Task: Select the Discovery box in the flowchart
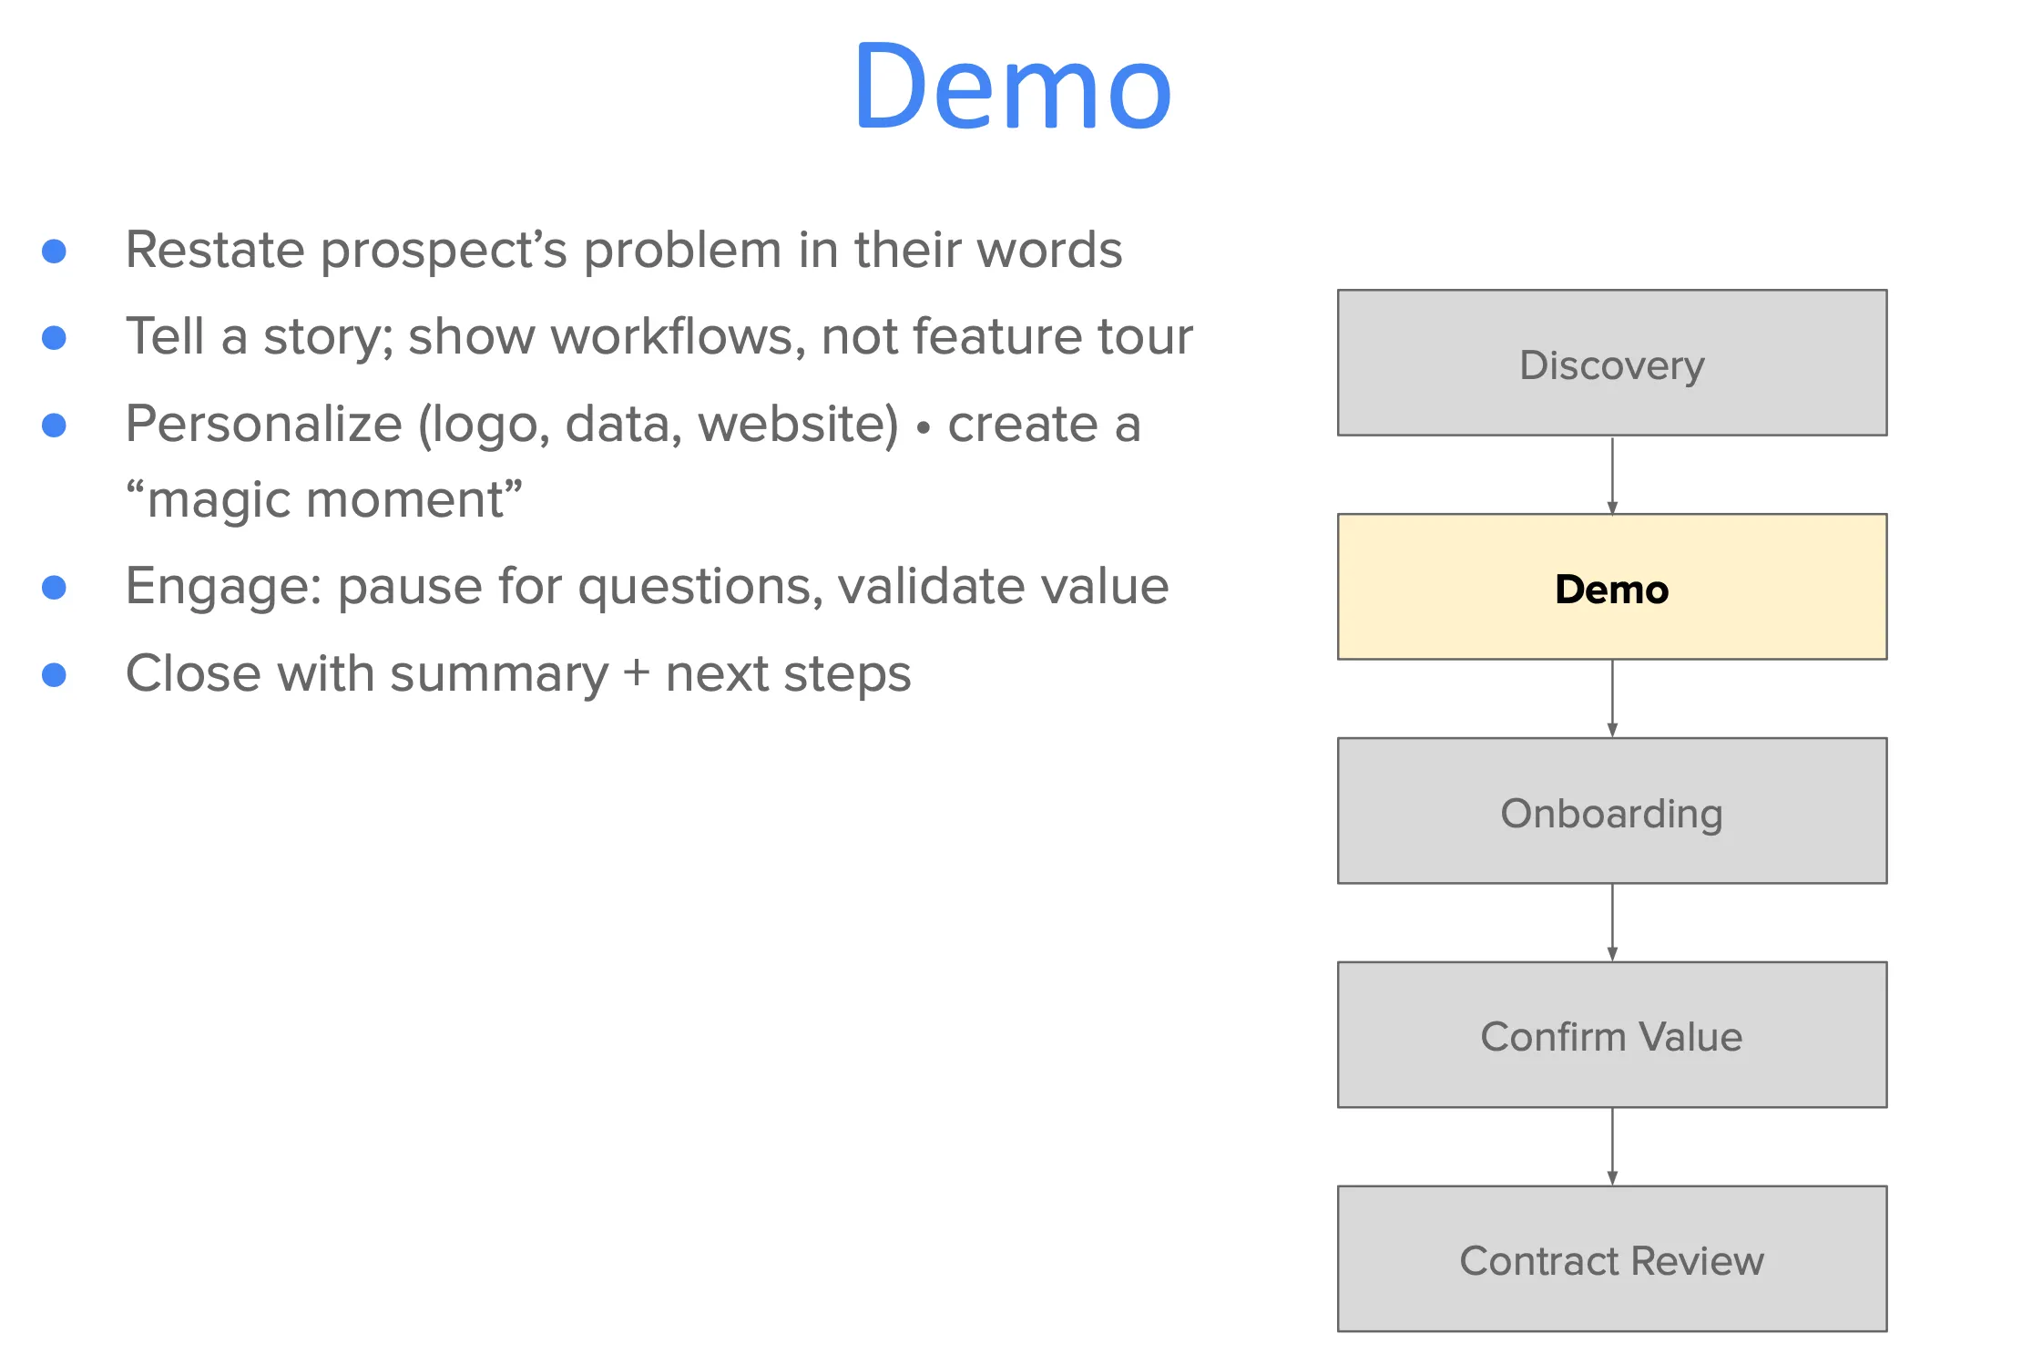[1611, 363]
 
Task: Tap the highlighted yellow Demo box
[1611, 587]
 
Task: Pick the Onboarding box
[1611, 811]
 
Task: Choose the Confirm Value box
[1611, 1035]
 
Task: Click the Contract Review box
[1611, 1258]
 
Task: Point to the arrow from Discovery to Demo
[1612, 475]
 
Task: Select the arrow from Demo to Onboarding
[1612, 699]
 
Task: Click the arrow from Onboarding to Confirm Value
[1612, 922]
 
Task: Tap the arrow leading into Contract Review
[1612, 1146]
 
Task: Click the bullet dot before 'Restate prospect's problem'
[55, 251]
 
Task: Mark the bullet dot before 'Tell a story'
[55, 338]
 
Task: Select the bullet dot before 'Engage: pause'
[55, 587]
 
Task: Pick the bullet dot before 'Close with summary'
[55, 674]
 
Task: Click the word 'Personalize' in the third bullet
[263, 425]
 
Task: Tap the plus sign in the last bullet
[636, 674]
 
